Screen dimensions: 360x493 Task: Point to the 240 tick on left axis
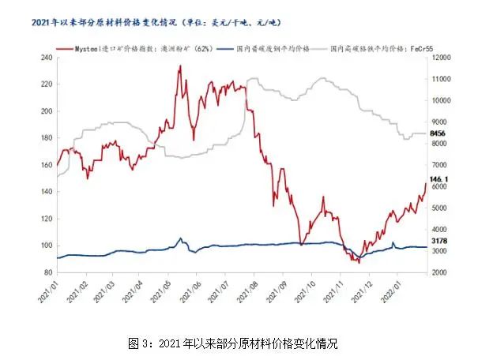pyautogui.click(x=45, y=58)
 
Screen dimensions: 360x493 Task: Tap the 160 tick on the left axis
pyautogui.click(x=45, y=165)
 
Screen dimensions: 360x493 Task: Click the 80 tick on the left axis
pyautogui.click(x=47, y=272)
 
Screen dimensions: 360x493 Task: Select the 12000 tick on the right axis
pyautogui.click(x=440, y=58)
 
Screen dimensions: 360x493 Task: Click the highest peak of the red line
pyautogui.click(x=180, y=66)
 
